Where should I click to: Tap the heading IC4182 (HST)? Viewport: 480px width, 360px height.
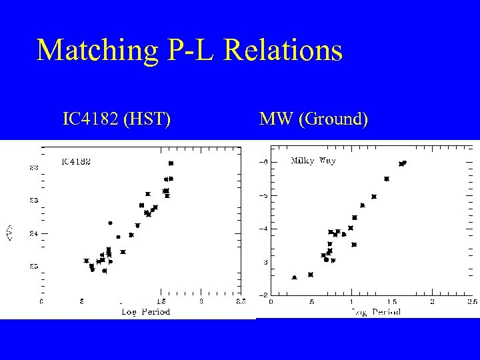(x=116, y=120)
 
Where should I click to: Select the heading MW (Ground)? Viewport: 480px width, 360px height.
(x=313, y=120)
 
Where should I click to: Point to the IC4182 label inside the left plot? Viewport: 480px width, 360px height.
(x=77, y=161)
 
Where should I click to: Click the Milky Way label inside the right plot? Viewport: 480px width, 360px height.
(x=313, y=161)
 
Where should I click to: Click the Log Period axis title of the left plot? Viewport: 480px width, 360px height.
(x=145, y=311)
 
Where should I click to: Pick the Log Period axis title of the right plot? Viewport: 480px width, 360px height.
(x=377, y=311)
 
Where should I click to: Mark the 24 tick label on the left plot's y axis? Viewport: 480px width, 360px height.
(x=33, y=233)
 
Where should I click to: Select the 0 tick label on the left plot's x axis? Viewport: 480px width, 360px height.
(x=41, y=301)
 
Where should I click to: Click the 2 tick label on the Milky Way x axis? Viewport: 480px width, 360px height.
(x=432, y=301)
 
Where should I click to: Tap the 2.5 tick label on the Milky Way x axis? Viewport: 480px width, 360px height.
(x=471, y=301)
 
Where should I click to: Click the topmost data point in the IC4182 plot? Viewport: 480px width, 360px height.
(x=171, y=163)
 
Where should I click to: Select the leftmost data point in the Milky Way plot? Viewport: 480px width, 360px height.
(x=294, y=277)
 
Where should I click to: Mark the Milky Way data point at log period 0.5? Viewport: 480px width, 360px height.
(x=311, y=275)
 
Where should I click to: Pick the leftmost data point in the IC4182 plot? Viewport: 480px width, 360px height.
(x=86, y=261)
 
